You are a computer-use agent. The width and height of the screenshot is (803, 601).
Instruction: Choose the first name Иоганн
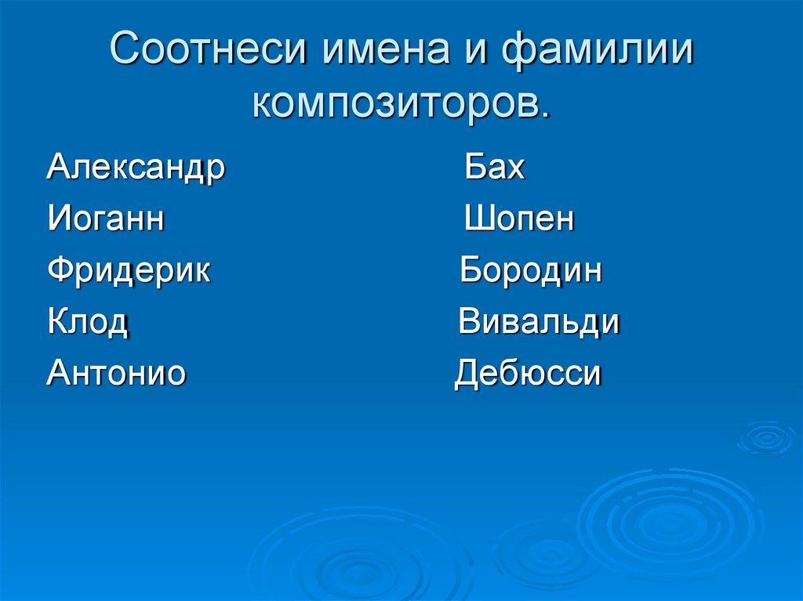(x=106, y=219)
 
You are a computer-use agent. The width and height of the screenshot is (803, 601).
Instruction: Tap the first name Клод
(x=88, y=322)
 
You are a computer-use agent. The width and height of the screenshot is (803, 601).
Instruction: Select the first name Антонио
(x=116, y=373)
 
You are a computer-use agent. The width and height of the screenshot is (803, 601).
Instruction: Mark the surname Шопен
(x=519, y=219)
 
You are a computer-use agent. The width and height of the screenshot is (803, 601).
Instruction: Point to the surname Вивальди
(x=540, y=322)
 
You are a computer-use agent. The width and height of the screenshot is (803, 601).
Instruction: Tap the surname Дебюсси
(x=529, y=374)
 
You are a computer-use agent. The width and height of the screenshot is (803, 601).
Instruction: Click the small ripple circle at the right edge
(x=767, y=437)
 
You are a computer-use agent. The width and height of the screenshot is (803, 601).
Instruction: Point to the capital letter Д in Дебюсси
(x=469, y=374)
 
